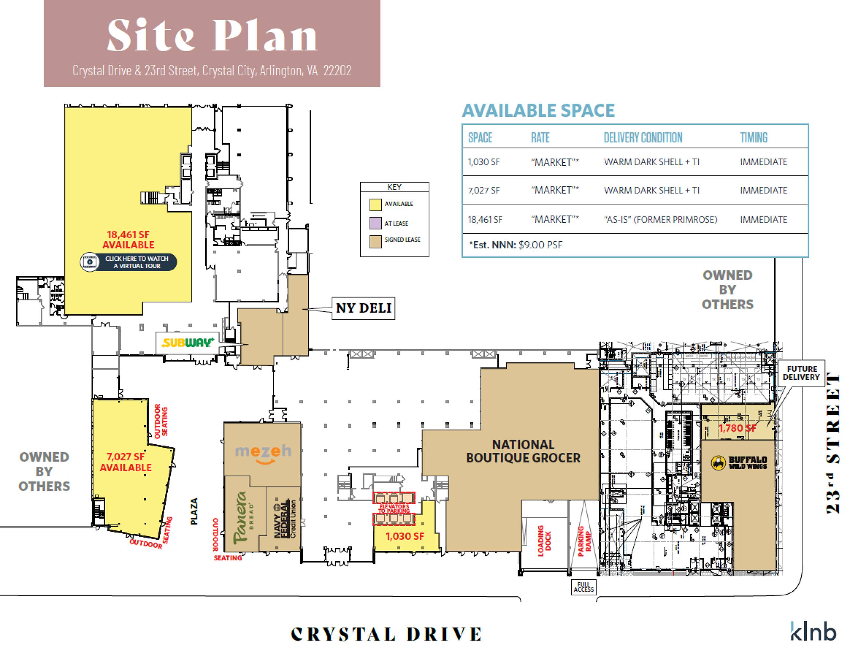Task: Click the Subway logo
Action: (x=188, y=343)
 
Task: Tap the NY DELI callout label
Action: (x=363, y=308)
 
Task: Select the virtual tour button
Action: (x=129, y=262)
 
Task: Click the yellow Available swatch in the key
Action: (x=375, y=204)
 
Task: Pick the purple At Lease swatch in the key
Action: (x=375, y=223)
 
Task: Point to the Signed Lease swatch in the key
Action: (x=375, y=241)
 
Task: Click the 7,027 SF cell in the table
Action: (x=484, y=190)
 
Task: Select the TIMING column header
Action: (x=754, y=137)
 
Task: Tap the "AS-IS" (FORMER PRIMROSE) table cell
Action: (x=660, y=219)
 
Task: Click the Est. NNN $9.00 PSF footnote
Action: (x=516, y=245)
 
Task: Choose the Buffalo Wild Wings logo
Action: (x=739, y=462)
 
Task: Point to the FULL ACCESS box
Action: (x=583, y=587)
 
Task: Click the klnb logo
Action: (x=813, y=631)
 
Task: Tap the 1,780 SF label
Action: (x=737, y=428)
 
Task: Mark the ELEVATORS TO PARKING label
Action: (x=394, y=508)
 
